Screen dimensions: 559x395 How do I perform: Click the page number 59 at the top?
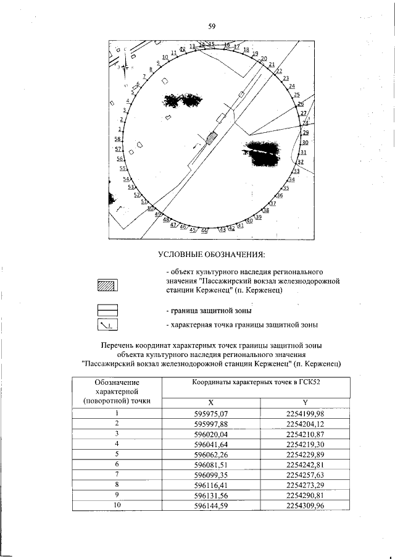pos(211,27)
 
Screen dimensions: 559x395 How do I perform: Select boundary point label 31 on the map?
pos(303,152)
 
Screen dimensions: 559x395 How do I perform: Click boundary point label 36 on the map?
pos(279,195)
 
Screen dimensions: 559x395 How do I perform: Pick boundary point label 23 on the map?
pos(285,78)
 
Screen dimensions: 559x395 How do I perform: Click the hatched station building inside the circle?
pos(212,137)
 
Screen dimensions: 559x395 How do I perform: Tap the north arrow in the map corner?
pos(124,67)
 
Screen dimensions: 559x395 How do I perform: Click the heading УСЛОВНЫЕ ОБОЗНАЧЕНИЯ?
pos(211,254)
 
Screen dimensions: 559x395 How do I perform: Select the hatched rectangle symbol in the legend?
pos(107,285)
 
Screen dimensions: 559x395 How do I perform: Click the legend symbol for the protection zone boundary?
pos(107,310)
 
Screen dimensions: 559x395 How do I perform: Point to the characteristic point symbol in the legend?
pos(107,325)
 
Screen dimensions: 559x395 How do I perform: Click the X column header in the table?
pos(210,402)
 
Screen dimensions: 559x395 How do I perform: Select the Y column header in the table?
pos(306,402)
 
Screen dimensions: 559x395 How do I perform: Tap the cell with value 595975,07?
pos(211,413)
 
